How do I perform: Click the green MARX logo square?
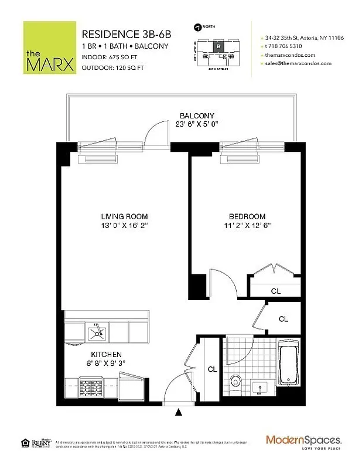tap(49, 47)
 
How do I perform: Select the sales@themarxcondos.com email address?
tap(302, 63)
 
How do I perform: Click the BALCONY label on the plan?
tap(197, 115)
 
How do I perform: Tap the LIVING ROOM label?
tap(124, 216)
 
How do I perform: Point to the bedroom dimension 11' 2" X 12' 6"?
tap(247, 226)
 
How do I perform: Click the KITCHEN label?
tap(106, 355)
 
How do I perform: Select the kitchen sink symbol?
tap(95, 333)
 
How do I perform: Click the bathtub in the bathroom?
tap(289, 365)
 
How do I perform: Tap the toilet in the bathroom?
tap(235, 380)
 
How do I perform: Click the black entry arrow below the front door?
tap(179, 413)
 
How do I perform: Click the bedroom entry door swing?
tap(224, 286)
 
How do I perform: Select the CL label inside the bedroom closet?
tap(275, 291)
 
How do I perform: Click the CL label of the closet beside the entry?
tap(213, 369)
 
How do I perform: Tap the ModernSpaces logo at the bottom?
tap(303, 440)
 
